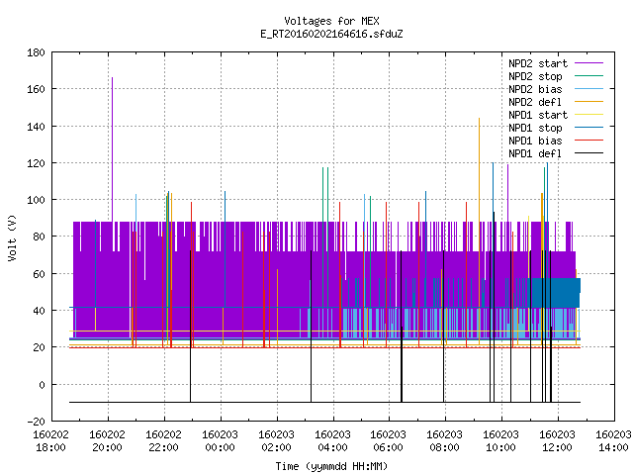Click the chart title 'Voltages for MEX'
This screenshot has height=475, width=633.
tap(331, 21)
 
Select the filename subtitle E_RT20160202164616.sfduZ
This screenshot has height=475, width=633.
tap(331, 34)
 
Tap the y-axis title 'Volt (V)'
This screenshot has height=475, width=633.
tap(12, 237)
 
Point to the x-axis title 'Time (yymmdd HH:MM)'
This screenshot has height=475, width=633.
tap(331, 466)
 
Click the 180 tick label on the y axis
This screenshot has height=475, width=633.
tap(36, 52)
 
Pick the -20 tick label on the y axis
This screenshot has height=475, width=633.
tap(36, 421)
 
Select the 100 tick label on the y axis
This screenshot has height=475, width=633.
tap(36, 200)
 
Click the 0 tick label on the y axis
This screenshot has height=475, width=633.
tap(42, 385)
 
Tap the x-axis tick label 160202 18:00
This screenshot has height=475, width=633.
tap(50, 441)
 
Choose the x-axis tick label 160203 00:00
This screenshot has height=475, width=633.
tap(220, 441)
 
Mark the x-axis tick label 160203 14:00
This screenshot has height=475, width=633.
tap(613, 441)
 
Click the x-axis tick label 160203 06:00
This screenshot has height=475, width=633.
tap(389, 441)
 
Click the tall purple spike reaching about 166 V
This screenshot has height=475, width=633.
tap(112, 149)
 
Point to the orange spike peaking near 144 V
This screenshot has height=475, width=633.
tap(479, 231)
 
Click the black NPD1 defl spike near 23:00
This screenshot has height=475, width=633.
tap(191, 327)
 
